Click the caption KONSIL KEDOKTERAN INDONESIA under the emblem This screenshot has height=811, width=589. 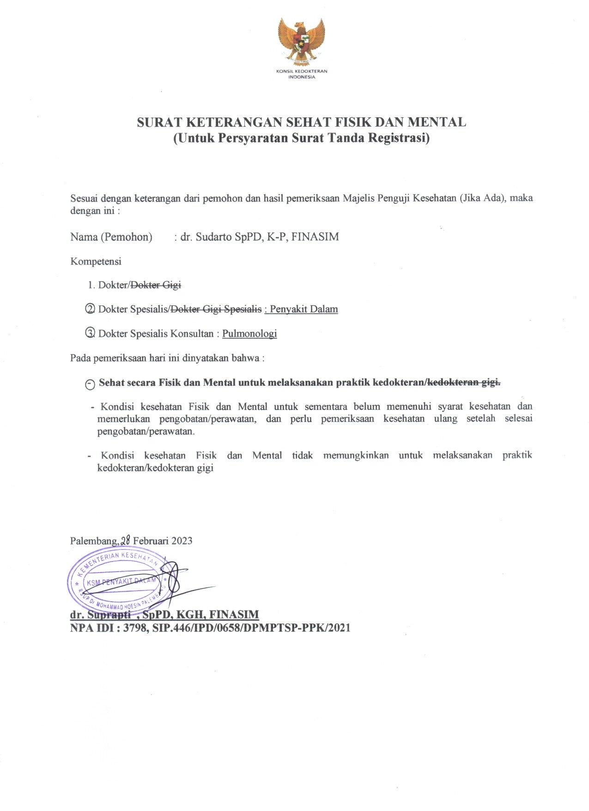[302, 74]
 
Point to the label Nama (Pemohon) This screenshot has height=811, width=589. [111, 237]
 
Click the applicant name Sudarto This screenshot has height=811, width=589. [213, 237]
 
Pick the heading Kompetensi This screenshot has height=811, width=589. [96, 262]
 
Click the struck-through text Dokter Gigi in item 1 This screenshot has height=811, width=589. [156, 285]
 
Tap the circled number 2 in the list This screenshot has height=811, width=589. [91, 309]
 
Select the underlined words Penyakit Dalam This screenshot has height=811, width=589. [304, 309]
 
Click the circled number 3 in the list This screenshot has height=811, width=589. [91, 333]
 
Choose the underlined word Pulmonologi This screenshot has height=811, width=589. [249, 334]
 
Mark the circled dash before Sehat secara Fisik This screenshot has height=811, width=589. [91, 384]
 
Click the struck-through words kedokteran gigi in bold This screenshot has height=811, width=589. [464, 383]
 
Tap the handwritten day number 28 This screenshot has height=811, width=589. [126, 540]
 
